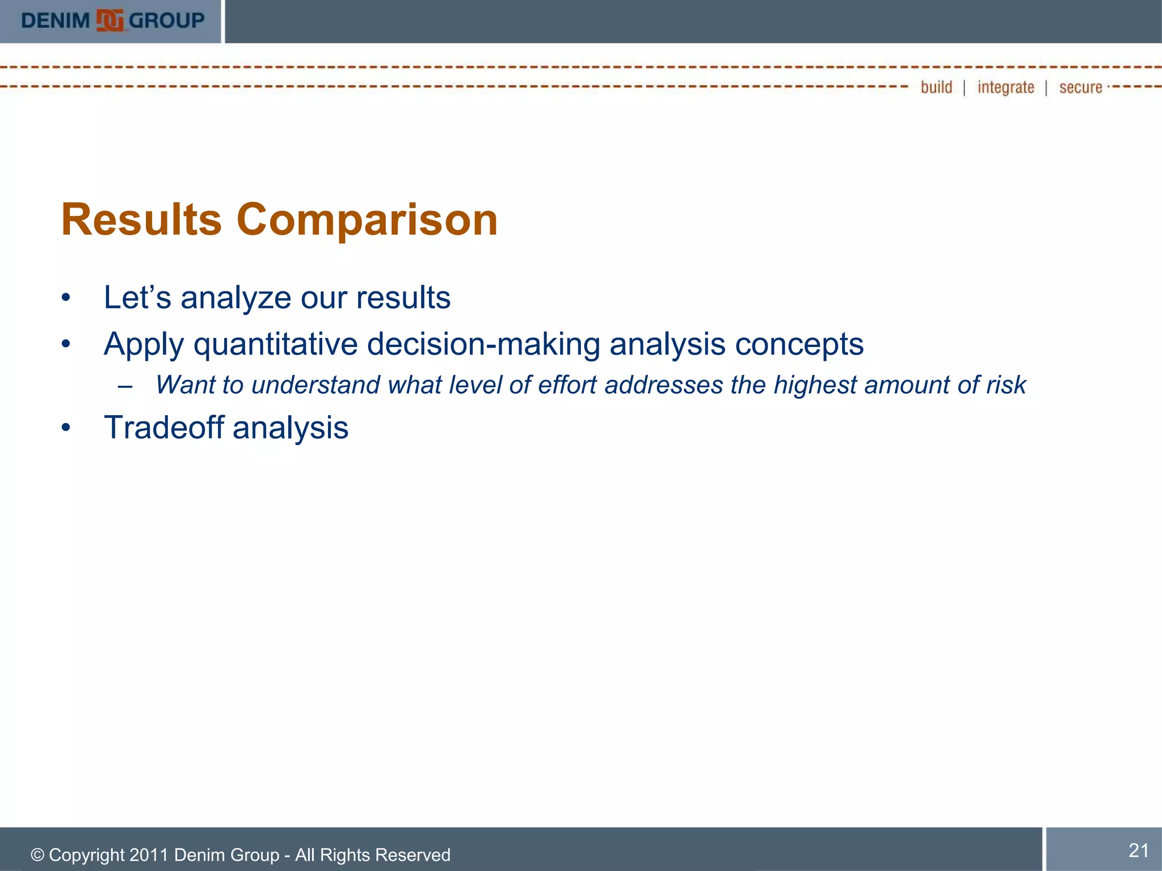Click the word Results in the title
[x=141, y=220]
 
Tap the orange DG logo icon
[x=110, y=21]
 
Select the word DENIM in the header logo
[x=56, y=21]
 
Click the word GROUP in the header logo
[x=166, y=21]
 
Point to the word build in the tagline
[x=936, y=87]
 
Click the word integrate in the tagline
[x=1005, y=87]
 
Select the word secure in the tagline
[x=1080, y=88]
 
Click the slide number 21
[x=1138, y=850]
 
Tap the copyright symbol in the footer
[x=37, y=855]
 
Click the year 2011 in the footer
[x=149, y=855]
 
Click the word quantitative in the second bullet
[x=275, y=345]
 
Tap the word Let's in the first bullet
[x=137, y=298]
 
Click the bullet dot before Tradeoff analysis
[x=66, y=428]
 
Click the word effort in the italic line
[x=567, y=385]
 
